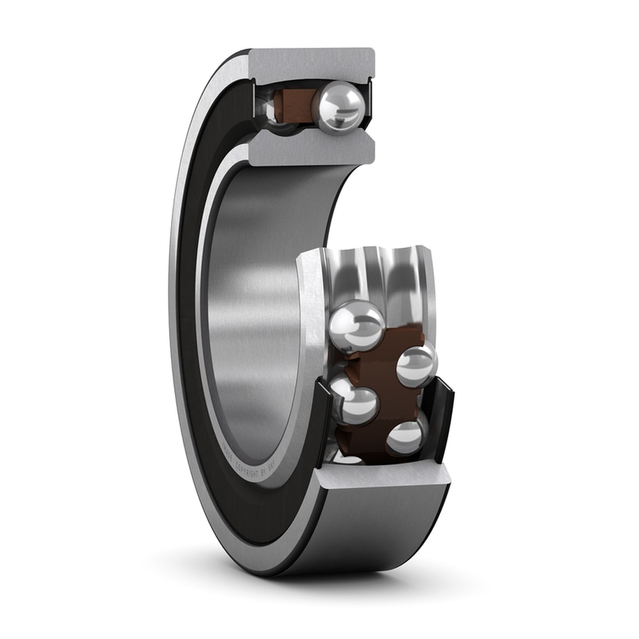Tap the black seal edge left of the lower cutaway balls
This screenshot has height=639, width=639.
coord(322,415)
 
